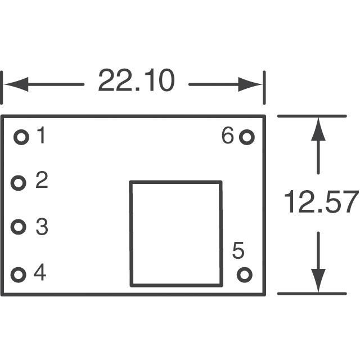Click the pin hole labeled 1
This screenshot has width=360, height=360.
point(21,137)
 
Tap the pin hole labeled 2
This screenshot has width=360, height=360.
point(19,183)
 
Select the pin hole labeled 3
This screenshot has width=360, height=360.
point(19,227)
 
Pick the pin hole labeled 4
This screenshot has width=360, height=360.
point(19,275)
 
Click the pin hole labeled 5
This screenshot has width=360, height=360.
point(245,274)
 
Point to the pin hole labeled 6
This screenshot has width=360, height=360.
point(246,137)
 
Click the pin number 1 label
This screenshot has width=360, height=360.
point(40,136)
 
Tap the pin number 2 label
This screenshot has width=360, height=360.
point(42,181)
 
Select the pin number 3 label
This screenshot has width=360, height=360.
point(42,227)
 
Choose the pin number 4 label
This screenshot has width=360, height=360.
point(39,273)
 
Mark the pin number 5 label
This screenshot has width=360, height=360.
point(238,251)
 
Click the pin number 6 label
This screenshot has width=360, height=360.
point(227,136)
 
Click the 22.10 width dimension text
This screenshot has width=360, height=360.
point(136,81)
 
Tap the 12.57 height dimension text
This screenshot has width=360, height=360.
point(320,202)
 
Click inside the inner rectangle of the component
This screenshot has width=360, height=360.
point(175,233)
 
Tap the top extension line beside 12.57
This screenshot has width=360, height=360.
point(312,116)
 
